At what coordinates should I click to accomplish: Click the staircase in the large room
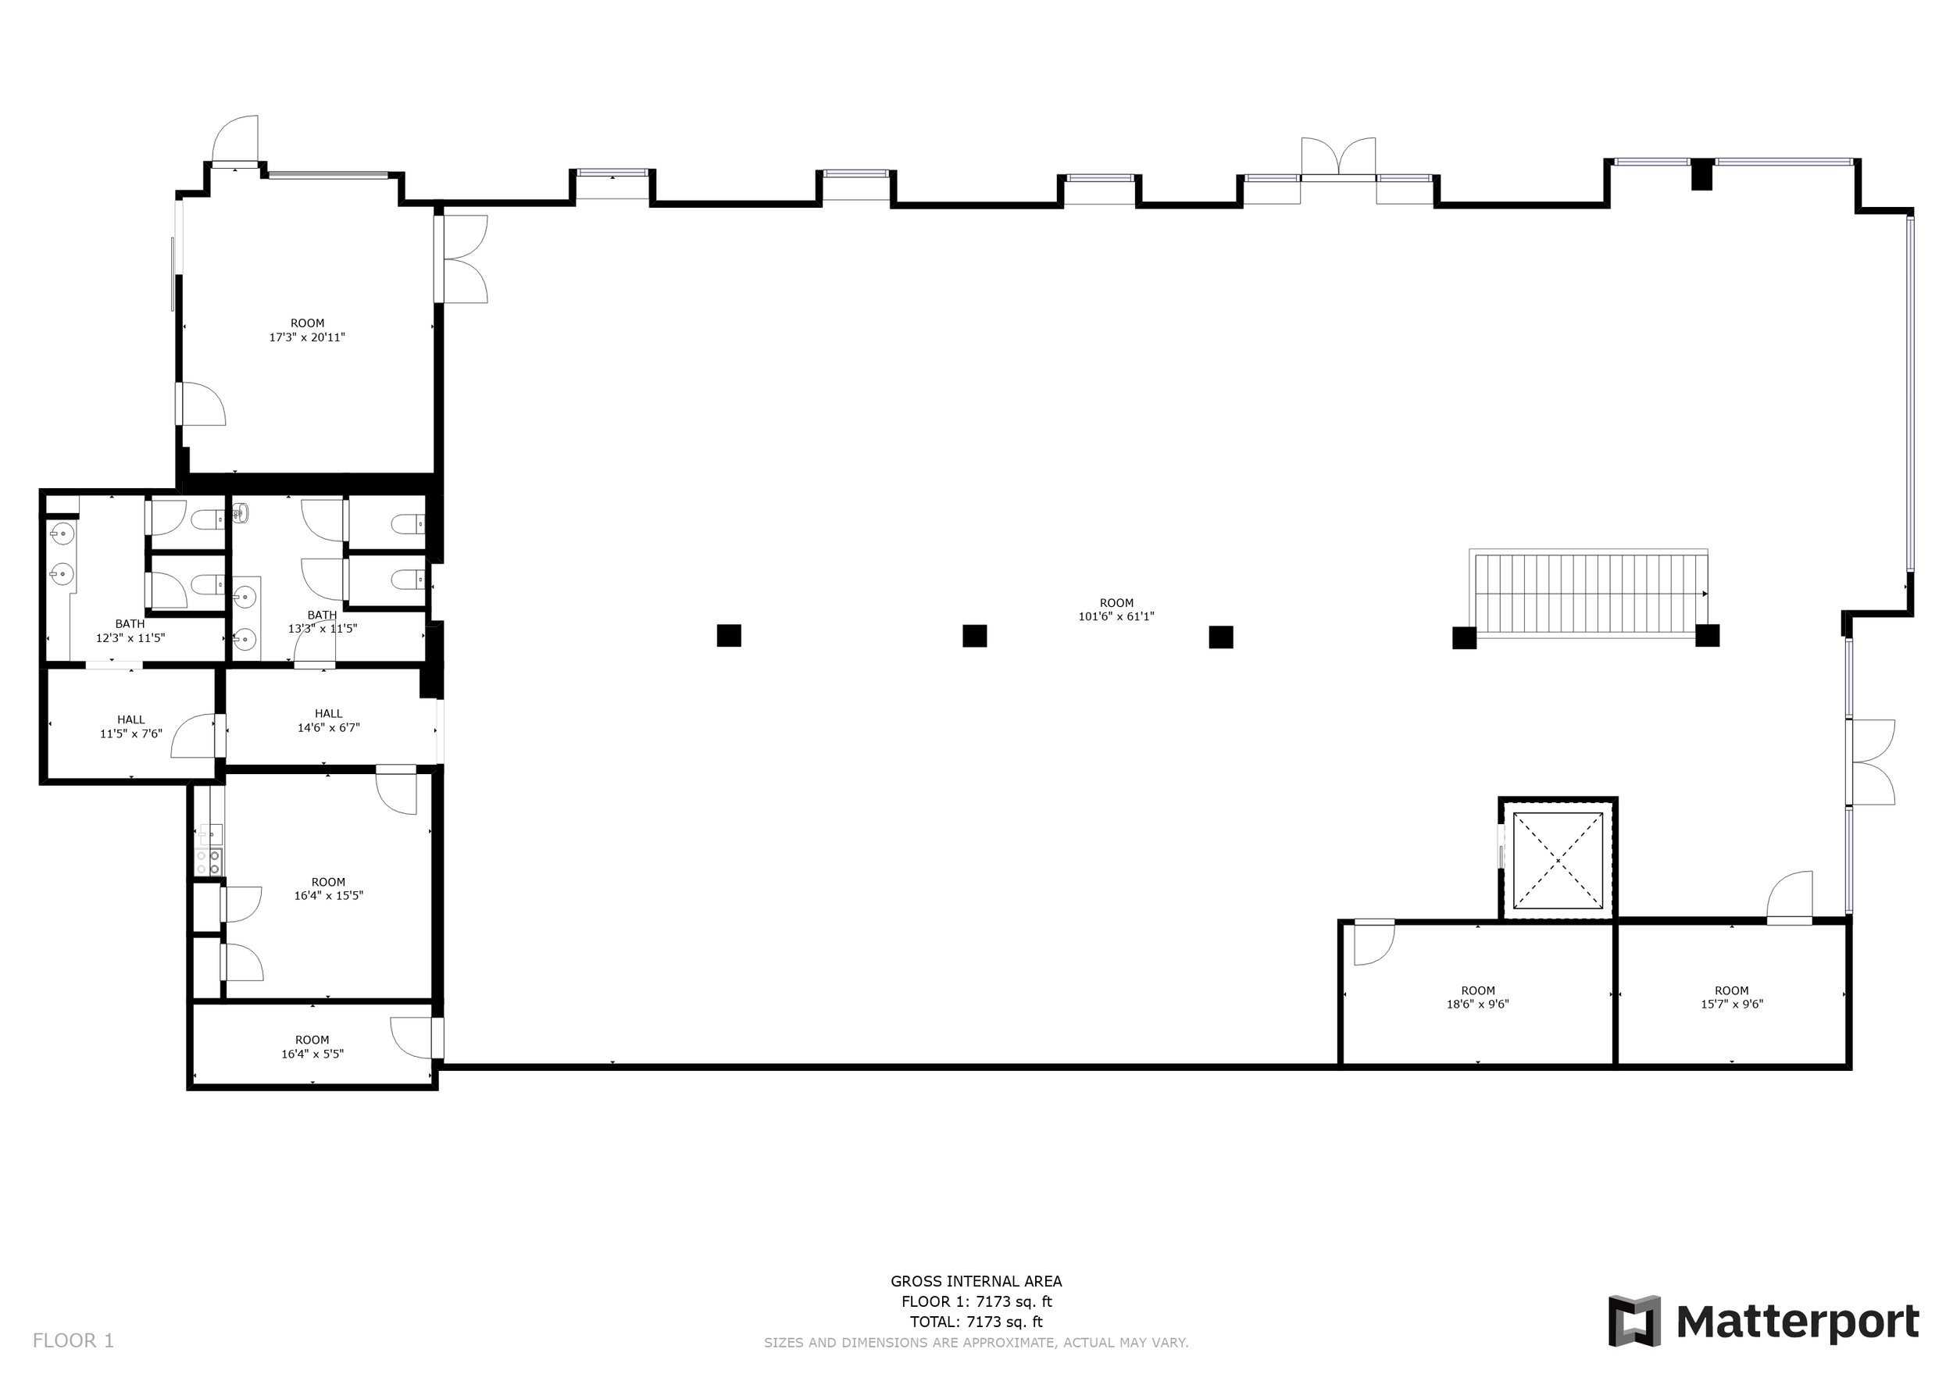1588,594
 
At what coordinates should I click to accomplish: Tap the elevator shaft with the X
1558,860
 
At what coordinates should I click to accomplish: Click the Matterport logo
1763,1322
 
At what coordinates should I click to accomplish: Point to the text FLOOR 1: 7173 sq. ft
976,1301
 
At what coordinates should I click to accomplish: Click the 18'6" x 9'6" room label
1477,997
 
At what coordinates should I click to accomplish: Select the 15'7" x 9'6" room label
1731,997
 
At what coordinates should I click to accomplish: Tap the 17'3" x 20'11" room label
307,330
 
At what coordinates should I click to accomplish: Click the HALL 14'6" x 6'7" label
328,720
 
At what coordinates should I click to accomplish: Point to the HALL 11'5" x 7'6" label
131,726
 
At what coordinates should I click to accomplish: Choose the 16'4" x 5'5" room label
312,1047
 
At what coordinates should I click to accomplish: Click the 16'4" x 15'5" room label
328,889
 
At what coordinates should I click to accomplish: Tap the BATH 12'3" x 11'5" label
130,630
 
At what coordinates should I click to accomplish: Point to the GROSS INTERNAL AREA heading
976,1281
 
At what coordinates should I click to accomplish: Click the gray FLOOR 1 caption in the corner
73,1341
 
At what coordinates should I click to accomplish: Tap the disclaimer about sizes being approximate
976,1343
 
